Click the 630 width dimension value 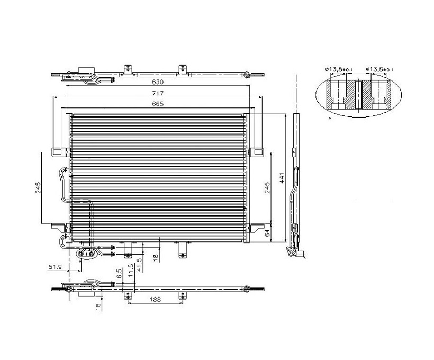158,82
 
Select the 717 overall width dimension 158,94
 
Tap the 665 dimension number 158,104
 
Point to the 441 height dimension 282,178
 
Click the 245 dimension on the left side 38,187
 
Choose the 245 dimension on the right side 267,187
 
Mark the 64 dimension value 267,233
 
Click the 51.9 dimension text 55,267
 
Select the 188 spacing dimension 155,299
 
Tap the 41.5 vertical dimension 139,265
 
